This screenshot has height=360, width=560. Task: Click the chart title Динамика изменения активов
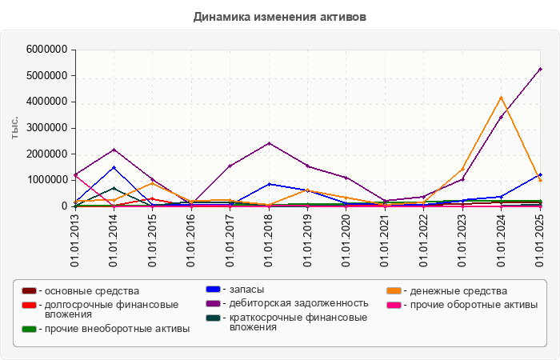(280, 16)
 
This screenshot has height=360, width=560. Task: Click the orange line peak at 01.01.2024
(502, 98)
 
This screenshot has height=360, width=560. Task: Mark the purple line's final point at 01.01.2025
(540, 69)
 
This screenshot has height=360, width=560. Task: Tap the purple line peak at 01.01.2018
(270, 143)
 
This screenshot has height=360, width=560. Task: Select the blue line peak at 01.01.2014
(114, 167)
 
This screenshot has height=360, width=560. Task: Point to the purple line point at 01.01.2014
(114, 150)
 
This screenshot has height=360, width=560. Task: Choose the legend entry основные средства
(92, 291)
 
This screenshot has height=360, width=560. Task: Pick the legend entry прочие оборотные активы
(471, 305)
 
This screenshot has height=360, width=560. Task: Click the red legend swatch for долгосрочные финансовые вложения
(29, 305)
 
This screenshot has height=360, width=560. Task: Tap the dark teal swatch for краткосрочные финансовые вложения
(213, 318)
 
